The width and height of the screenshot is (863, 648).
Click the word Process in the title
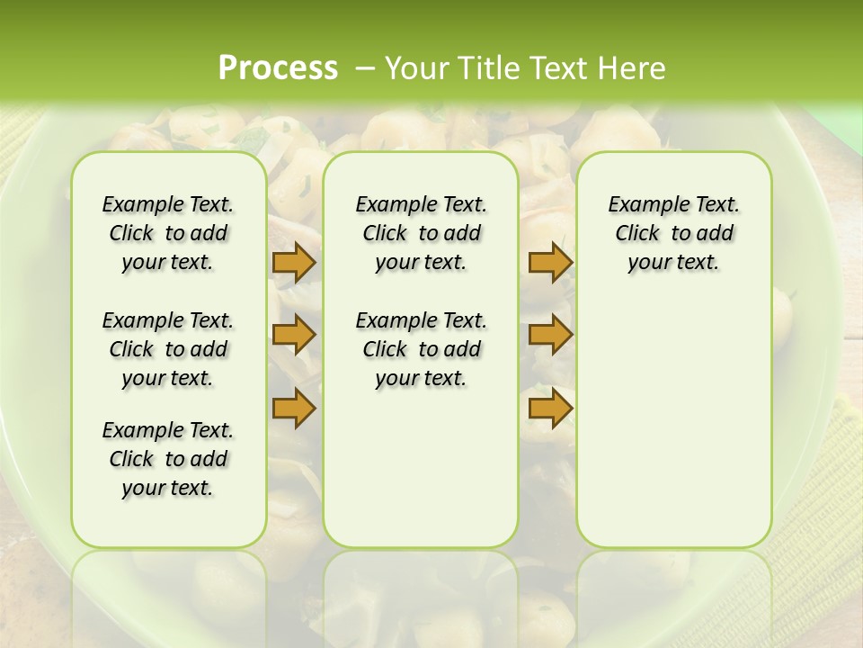coord(278,68)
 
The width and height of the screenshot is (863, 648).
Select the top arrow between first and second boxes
coord(294,263)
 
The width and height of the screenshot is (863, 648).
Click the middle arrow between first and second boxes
coord(294,335)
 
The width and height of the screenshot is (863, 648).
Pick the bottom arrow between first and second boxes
coord(294,408)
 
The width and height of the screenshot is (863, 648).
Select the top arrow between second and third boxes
coord(550,263)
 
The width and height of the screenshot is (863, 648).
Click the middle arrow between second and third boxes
coord(550,335)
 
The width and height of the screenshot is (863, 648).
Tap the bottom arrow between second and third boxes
coord(550,408)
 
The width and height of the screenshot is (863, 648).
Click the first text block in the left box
coord(168,233)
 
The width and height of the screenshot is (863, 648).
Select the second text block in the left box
coord(168,349)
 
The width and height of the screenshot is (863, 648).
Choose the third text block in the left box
coord(168,459)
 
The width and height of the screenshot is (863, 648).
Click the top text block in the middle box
coord(421,233)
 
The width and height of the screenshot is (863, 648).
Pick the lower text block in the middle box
coord(421,349)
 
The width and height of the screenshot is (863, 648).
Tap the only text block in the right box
coord(673,233)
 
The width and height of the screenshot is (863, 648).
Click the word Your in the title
coord(412,68)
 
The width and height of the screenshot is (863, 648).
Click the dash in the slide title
coord(365,68)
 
